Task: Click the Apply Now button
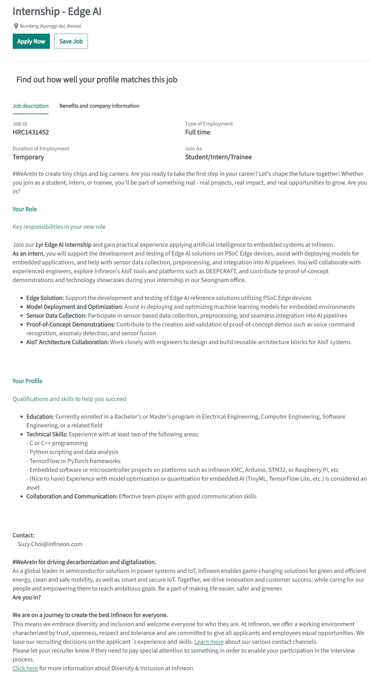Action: (31, 41)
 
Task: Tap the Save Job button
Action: (71, 41)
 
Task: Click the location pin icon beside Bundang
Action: (16, 26)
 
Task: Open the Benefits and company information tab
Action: (99, 106)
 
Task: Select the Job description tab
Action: (30, 106)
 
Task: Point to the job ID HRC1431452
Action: (31, 132)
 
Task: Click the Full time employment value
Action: (197, 132)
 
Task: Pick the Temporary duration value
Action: (28, 157)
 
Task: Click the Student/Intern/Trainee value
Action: (218, 157)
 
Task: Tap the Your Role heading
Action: (25, 209)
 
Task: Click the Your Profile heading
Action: (27, 381)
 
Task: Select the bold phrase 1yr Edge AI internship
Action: (63, 245)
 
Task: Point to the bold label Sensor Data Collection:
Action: (56, 316)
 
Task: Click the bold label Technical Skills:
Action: (47, 434)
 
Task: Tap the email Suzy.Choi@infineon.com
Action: (50, 544)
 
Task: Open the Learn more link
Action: (209, 642)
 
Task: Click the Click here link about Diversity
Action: (25, 668)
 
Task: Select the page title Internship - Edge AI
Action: (57, 12)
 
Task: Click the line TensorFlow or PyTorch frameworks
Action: (75, 461)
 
